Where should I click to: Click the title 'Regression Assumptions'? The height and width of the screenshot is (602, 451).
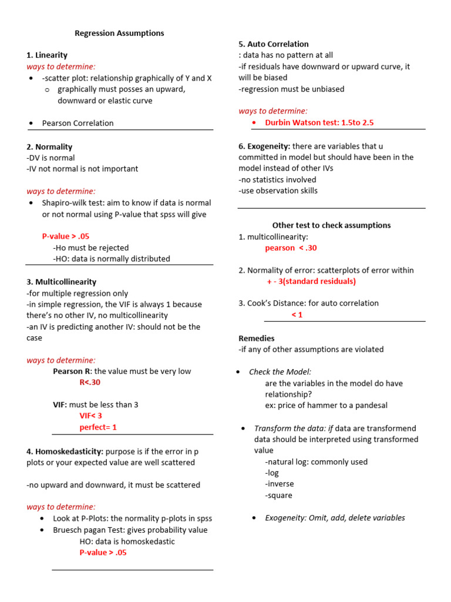119,34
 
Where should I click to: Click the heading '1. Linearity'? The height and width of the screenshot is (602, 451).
47,55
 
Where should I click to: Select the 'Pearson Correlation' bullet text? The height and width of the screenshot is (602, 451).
78,123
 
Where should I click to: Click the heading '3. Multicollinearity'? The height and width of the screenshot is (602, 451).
61,282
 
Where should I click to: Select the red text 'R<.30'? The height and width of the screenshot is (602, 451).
90,382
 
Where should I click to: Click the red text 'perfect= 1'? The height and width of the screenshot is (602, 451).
98,427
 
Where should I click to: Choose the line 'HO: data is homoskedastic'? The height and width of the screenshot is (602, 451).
127,541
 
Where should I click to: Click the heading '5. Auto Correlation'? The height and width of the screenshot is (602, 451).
273,44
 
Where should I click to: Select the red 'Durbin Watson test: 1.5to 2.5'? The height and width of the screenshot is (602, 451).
319,123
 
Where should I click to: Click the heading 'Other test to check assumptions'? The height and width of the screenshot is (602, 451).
331,225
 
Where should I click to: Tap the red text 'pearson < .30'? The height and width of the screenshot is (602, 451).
291,248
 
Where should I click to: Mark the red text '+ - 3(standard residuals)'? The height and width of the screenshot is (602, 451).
311,281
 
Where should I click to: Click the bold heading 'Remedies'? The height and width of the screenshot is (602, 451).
256,339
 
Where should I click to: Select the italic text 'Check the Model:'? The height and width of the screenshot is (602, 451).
280,372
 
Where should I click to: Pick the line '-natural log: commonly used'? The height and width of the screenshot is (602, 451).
316,462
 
